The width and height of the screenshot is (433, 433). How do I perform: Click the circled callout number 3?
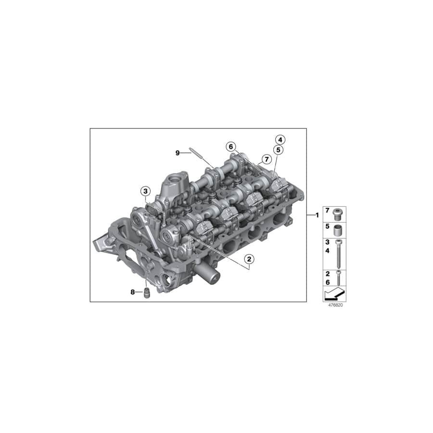point(145,191)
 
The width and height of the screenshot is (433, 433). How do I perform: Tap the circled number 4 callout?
point(280,140)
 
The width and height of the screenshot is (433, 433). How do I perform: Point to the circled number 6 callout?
point(231,146)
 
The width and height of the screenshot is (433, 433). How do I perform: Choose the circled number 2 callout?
point(249,259)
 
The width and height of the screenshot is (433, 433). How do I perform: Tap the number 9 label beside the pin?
point(178,153)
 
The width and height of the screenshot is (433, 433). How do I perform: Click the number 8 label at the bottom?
point(133,292)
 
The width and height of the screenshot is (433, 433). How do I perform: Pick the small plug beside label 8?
point(147,293)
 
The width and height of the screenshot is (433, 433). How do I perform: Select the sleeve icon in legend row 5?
point(340,228)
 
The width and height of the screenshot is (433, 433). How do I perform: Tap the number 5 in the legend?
point(328,225)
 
